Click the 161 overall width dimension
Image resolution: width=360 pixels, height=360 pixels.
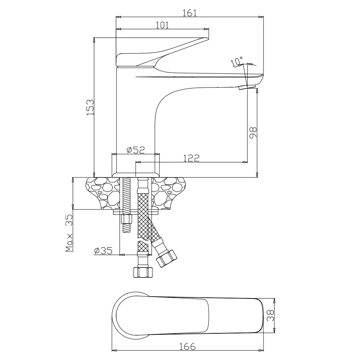pos(190,13)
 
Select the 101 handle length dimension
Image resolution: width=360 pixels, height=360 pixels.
pos(162,25)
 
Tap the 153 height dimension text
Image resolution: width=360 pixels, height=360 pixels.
pos(90,107)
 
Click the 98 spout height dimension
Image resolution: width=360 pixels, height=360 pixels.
pos(253,132)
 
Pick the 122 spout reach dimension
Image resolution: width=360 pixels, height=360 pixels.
pos(191,158)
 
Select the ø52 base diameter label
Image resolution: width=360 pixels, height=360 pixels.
pos(136,150)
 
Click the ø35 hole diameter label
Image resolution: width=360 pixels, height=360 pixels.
pos(103,251)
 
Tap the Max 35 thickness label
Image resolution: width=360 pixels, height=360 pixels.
pos(69,233)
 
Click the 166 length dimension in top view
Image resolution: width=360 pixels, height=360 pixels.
pos(187,346)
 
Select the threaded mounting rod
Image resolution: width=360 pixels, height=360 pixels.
pos(126,205)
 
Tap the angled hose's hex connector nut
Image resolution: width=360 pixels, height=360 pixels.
pos(166,258)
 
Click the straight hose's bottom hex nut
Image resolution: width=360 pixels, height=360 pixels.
pos(143,272)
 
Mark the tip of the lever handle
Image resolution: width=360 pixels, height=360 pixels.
pos(208,38)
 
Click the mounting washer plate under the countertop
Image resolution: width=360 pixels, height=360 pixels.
pos(136,212)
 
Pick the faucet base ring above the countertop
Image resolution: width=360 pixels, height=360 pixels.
pos(136,175)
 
